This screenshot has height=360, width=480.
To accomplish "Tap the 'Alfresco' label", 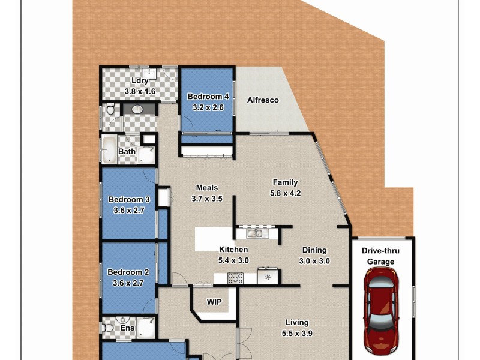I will (x=263, y=100).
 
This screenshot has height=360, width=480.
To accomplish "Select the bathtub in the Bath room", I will (x=109, y=150).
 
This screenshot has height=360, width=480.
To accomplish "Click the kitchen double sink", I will (x=255, y=233).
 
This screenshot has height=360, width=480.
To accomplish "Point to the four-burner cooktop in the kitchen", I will (x=235, y=278).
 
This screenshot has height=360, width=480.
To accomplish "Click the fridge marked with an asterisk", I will (x=268, y=277).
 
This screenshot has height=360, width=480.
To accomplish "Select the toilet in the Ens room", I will (x=109, y=328).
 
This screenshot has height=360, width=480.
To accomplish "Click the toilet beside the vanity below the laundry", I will (x=109, y=110).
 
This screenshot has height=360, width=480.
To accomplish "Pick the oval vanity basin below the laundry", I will (x=137, y=109).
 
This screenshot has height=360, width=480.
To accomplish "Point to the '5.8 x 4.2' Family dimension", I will (x=286, y=193).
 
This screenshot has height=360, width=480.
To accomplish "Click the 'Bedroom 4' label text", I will (x=208, y=97).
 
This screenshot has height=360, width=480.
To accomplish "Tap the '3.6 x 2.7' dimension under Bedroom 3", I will (x=128, y=211).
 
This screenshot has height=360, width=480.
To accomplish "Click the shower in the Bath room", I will (x=146, y=154).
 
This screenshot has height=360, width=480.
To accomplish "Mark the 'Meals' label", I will (x=206, y=187).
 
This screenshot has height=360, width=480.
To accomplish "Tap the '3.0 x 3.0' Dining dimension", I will (x=314, y=261).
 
